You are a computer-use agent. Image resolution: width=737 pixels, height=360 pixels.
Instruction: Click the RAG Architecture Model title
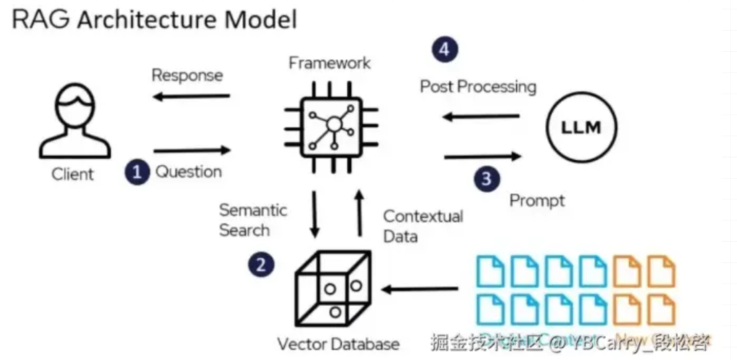point(154,19)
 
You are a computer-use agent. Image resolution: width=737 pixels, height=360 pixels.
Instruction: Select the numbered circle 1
point(137,172)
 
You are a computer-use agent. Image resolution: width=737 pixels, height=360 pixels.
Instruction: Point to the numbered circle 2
point(261,264)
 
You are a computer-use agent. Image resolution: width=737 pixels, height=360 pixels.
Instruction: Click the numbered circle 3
point(487,179)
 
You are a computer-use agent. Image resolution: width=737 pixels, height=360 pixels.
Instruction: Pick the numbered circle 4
point(445,50)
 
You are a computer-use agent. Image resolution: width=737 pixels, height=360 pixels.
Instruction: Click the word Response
point(187,76)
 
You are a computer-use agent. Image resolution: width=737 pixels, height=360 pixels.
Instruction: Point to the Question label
point(189,172)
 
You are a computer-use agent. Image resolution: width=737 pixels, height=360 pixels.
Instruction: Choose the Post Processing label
point(478,87)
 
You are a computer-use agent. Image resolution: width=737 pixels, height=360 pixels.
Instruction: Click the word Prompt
point(537,199)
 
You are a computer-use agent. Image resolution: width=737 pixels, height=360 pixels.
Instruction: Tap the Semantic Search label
point(252,220)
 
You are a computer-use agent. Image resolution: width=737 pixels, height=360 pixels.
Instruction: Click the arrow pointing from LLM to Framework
point(481,116)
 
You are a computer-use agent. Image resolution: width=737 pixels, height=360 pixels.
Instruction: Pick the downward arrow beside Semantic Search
point(314,215)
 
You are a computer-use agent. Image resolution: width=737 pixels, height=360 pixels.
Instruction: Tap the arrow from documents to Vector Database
point(421,290)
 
